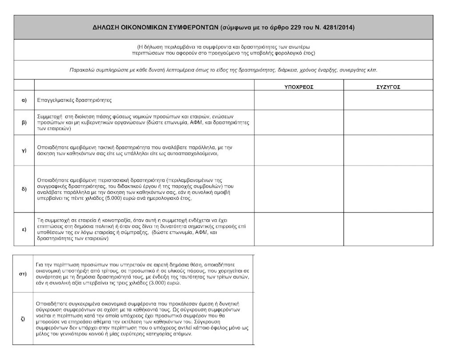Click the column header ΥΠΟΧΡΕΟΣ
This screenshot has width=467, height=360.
point(299,87)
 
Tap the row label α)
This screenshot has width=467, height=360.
point(24,100)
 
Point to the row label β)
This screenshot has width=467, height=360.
point(24,122)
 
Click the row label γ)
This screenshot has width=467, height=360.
point(24,150)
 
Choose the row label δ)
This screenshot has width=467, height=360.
point(24,189)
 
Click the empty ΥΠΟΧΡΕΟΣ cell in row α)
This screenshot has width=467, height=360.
point(299,100)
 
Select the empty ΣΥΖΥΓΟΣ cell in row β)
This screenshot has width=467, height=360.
point(388,122)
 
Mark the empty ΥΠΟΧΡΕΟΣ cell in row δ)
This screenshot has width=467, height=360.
point(299,189)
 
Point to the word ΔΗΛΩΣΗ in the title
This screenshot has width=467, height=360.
point(106,27)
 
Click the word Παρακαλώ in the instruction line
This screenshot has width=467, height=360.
point(83,70)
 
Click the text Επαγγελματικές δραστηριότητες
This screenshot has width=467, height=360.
point(74,100)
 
